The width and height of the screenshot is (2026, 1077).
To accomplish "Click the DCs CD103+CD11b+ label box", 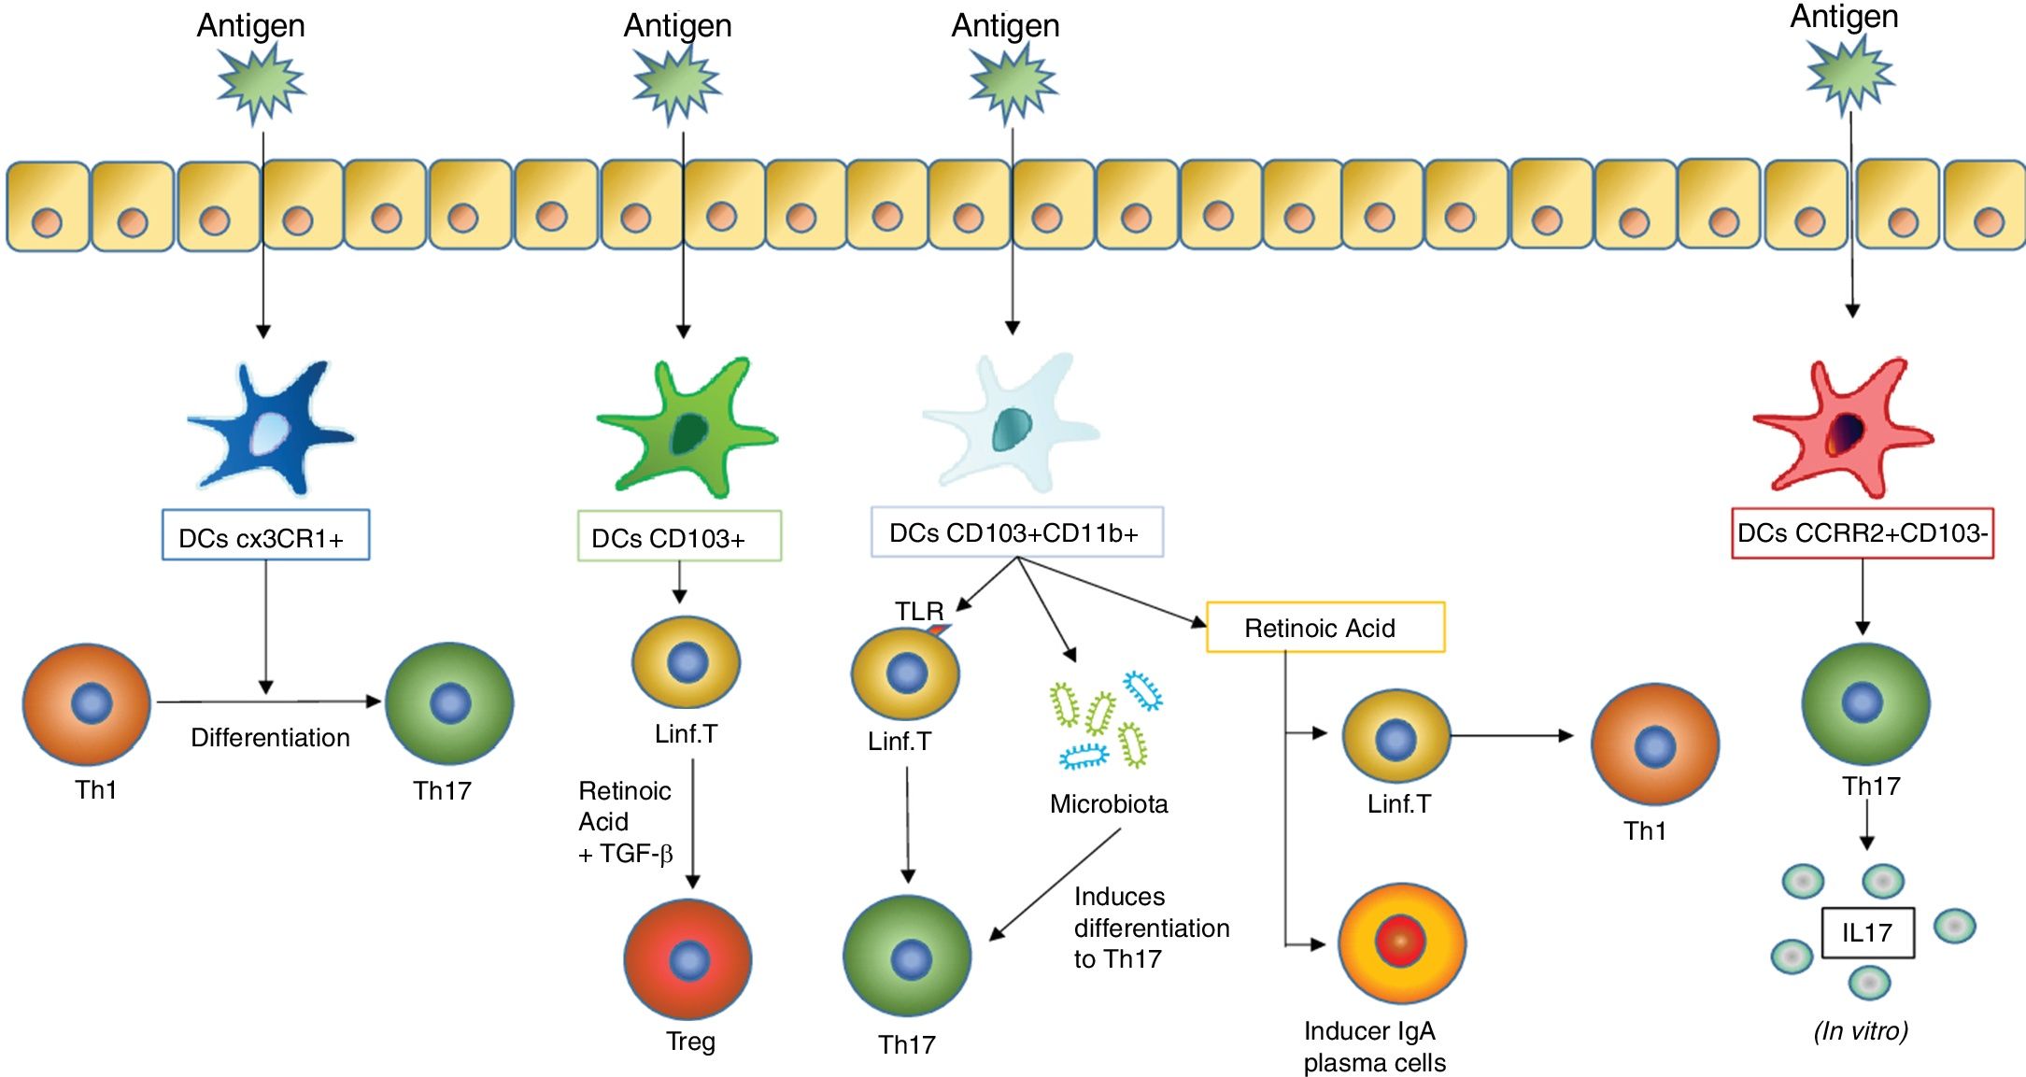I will click(1016, 532).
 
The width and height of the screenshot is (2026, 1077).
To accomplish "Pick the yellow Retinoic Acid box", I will click(1325, 628).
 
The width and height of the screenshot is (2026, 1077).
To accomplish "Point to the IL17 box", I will click(1867, 932).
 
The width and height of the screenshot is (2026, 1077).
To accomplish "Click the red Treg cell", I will click(688, 959).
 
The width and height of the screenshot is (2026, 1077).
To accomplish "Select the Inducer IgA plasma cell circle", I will click(1401, 942).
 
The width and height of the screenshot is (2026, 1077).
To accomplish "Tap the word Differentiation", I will click(270, 738).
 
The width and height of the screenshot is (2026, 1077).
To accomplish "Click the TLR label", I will click(919, 611).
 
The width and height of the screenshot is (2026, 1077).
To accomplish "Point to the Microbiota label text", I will click(1108, 803).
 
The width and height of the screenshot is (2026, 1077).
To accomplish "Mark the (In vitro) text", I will click(1860, 1031).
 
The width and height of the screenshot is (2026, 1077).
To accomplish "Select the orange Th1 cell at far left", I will click(87, 703).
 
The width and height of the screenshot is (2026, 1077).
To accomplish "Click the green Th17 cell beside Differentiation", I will click(449, 703).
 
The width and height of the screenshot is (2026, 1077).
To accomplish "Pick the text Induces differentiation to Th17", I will click(1151, 928).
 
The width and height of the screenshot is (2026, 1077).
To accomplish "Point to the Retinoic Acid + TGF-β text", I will click(625, 822).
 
